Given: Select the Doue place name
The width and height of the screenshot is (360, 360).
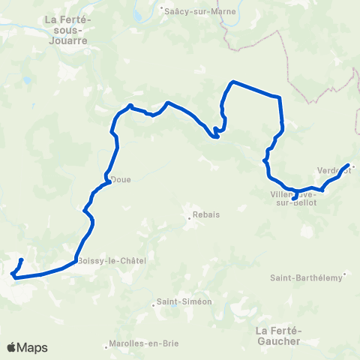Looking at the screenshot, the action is click(x=120, y=179).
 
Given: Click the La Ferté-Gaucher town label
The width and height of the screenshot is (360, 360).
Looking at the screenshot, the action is click(x=277, y=335).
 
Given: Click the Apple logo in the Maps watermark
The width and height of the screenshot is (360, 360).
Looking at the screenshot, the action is click(x=12, y=347).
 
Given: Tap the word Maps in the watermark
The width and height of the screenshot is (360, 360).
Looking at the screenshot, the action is click(x=33, y=347).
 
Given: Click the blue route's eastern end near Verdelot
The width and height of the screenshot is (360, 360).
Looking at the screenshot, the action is click(x=349, y=164).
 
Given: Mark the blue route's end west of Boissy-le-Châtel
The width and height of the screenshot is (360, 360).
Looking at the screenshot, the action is click(x=21, y=259).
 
